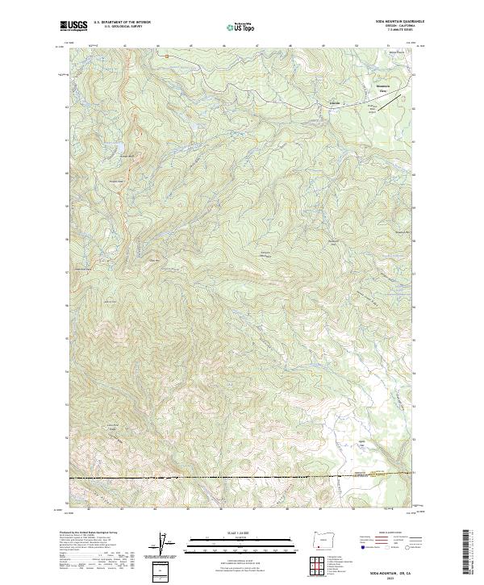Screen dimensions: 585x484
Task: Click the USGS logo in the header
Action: (x=74, y=27)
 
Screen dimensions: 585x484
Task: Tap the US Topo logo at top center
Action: (x=241, y=27)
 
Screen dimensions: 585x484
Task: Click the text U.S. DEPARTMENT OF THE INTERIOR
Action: (x=123, y=23)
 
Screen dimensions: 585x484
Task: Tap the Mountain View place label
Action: (x=384, y=87)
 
